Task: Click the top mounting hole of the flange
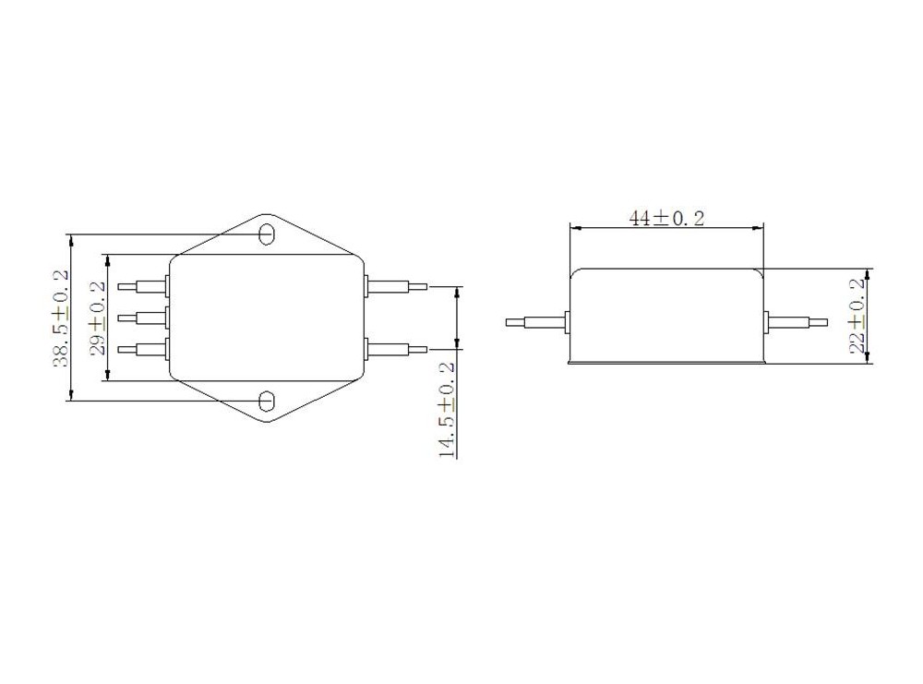tap(267, 234)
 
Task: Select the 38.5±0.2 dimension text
tap(60, 318)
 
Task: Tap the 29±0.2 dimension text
tap(97, 318)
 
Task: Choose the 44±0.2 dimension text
tap(666, 218)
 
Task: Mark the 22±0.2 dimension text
tap(857, 316)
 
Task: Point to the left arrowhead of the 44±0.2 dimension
tap(574, 228)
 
